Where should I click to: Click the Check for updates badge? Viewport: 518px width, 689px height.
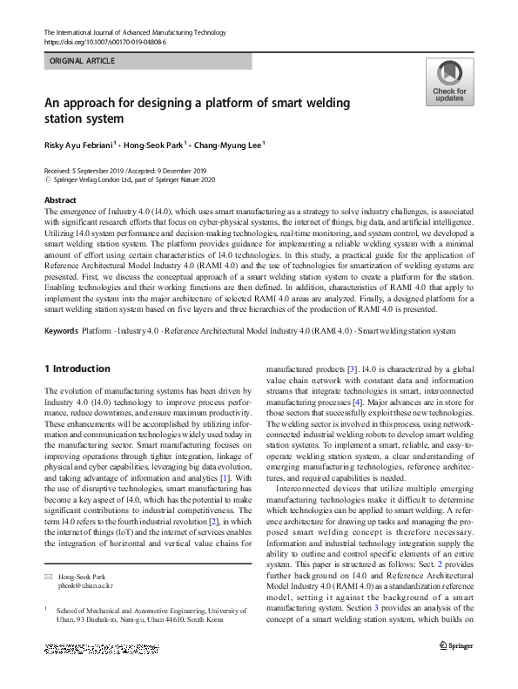click(x=449, y=82)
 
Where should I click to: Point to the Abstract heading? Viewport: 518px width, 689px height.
click(x=60, y=199)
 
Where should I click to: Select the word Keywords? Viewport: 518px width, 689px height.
click(x=60, y=331)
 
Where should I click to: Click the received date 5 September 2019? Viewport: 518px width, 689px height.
click(x=104, y=172)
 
